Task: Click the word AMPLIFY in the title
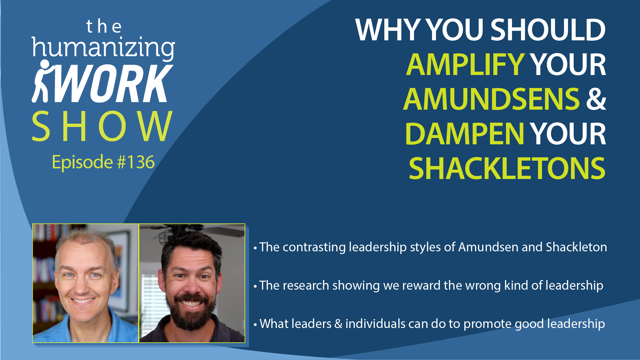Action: pyautogui.click(x=465, y=64)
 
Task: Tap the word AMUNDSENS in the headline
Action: pyautogui.click(x=492, y=99)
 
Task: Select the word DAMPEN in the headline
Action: pyautogui.click(x=465, y=134)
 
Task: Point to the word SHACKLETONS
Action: pyautogui.click(x=507, y=168)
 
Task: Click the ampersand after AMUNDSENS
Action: pyautogui.click(x=596, y=99)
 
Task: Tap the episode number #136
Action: pyautogui.click(x=136, y=162)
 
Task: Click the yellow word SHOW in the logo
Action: pyautogui.click(x=102, y=126)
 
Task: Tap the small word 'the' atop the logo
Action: pyautogui.click(x=104, y=27)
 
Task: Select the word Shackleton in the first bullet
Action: pyautogui.click(x=576, y=247)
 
